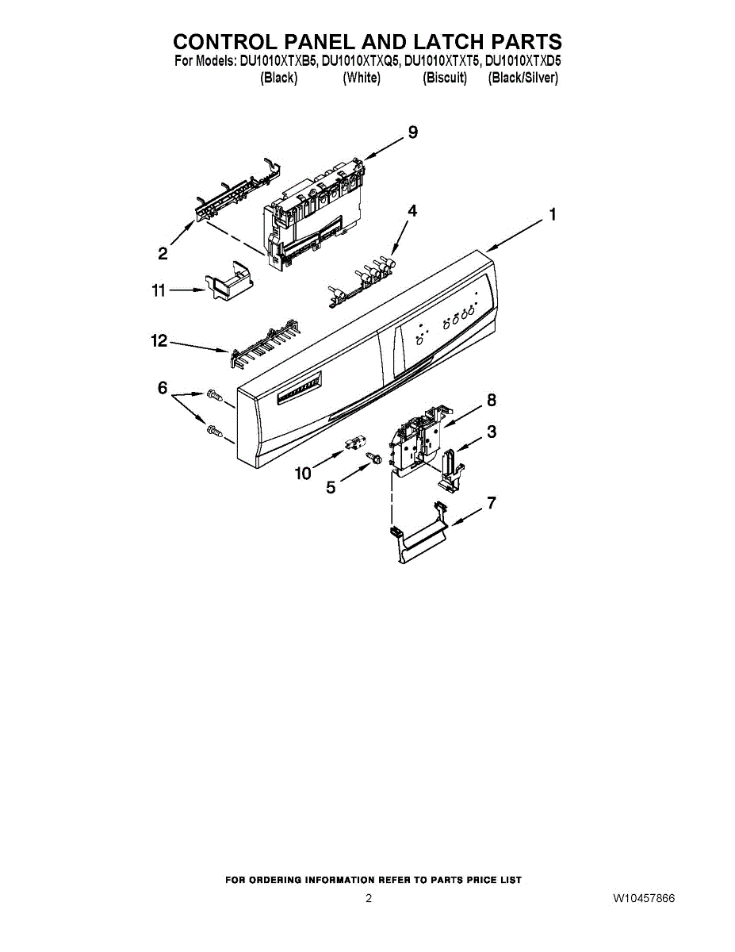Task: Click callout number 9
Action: click(412, 132)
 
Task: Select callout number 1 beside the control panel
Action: click(552, 214)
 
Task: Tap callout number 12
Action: click(159, 340)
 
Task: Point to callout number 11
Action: click(159, 291)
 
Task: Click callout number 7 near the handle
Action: click(492, 502)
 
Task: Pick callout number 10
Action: click(303, 474)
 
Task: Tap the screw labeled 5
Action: click(375, 458)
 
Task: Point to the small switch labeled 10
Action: click(350, 443)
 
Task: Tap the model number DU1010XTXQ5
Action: click(361, 60)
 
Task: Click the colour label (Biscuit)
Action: click(445, 78)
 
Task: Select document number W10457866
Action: click(643, 899)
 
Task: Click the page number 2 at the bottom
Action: click(369, 899)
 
